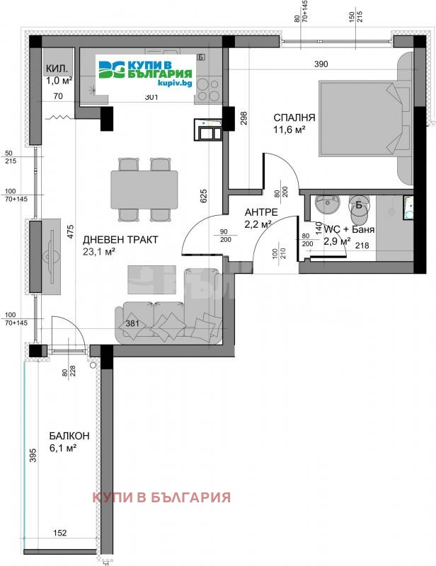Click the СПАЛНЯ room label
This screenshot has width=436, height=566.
point(295,117)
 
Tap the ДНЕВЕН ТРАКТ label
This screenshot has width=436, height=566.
point(120,240)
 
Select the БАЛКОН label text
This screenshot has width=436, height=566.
point(69,436)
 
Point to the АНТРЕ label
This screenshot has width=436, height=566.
point(261,212)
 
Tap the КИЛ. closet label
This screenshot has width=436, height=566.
point(57,69)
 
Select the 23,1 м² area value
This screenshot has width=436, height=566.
point(99,251)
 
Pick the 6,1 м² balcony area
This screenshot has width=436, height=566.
point(64,449)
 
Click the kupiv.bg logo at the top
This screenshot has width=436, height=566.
point(147,71)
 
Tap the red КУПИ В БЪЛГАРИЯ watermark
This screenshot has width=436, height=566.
point(162,497)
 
